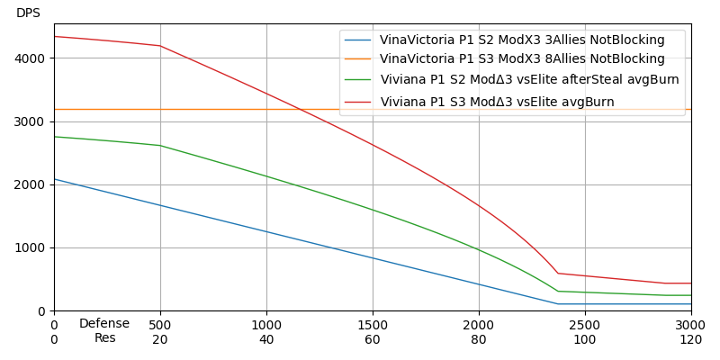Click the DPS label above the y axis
[x=28, y=13]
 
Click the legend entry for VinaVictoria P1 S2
[x=522, y=40]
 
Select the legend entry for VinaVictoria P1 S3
[x=522, y=59]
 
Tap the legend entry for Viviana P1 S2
[x=529, y=80]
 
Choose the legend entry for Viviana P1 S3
[x=497, y=102]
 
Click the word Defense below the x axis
[x=104, y=324]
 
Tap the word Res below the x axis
[x=104, y=338]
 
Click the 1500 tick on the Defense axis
[x=373, y=324]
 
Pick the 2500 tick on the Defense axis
[x=585, y=324]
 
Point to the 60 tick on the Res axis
[x=373, y=339]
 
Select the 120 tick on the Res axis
[x=690, y=339]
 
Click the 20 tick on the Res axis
[x=160, y=339]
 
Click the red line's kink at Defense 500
[x=160, y=46]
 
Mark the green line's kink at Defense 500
[x=160, y=146]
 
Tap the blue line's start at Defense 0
[x=55, y=179]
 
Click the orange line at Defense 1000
[x=266, y=109]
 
